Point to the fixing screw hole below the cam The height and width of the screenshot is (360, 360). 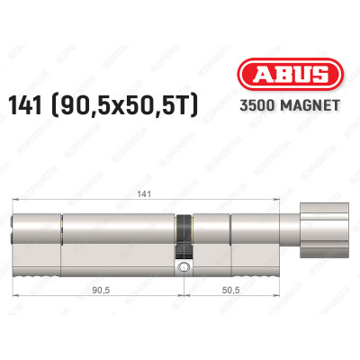(x=184, y=268)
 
